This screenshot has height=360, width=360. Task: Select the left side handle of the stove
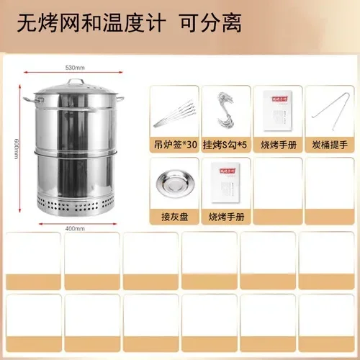pos(29,99)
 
